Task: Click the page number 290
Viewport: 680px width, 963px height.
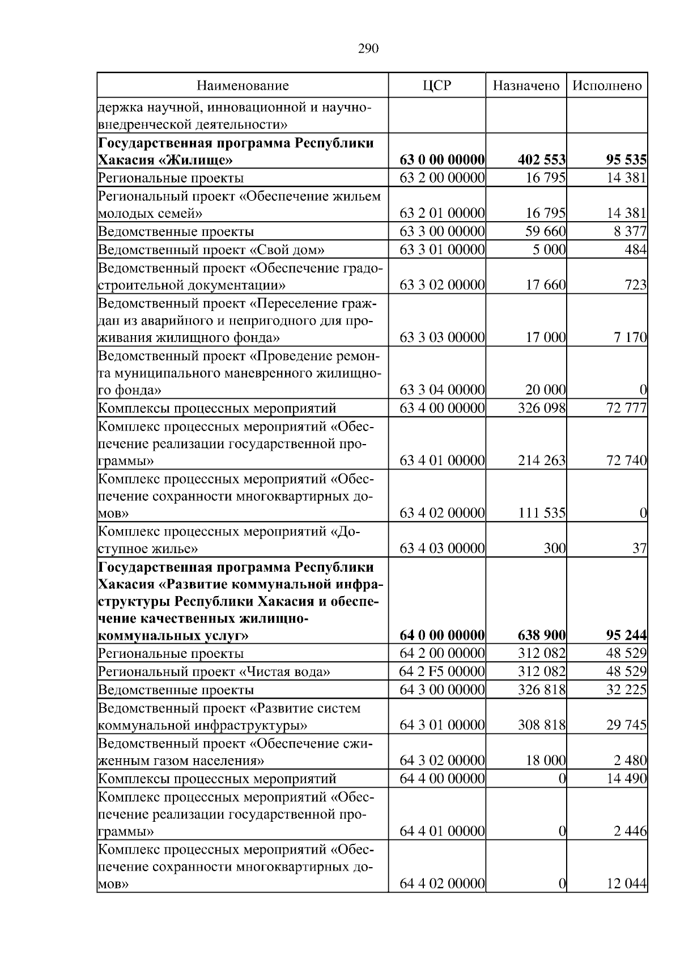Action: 368,49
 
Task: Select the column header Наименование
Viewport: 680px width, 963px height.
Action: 243,86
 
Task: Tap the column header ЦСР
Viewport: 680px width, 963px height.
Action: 437,86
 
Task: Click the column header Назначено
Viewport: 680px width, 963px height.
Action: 526,86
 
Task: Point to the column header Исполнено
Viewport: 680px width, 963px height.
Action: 607,86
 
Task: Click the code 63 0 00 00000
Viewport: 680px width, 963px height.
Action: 442,160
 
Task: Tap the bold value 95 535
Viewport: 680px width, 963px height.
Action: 626,160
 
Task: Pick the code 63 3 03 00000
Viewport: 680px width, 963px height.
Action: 442,338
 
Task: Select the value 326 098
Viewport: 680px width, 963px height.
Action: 541,408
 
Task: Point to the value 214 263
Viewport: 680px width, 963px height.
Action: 541,461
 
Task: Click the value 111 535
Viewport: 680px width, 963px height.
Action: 541,513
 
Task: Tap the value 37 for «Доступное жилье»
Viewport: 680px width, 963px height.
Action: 640,549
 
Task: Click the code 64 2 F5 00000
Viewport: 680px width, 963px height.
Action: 442,672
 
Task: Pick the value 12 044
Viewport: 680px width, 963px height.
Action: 626,884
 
